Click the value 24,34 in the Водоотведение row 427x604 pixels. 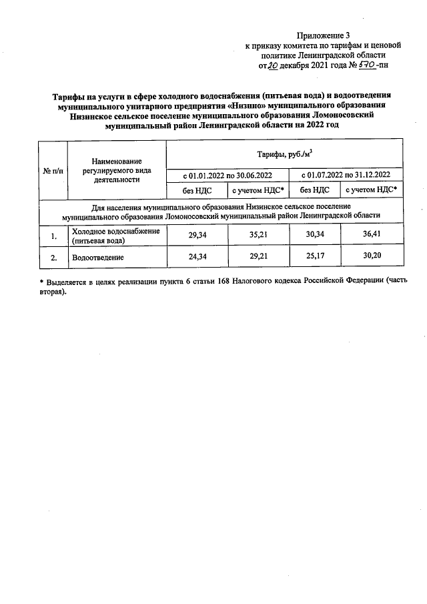(196, 256)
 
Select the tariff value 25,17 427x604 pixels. (315, 256)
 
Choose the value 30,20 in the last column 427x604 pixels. (372, 256)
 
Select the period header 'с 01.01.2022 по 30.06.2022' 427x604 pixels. (228, 176)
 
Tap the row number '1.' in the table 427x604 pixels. (53, 235)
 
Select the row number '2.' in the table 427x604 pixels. (53, 256)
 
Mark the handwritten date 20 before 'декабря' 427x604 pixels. (273, 66)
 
